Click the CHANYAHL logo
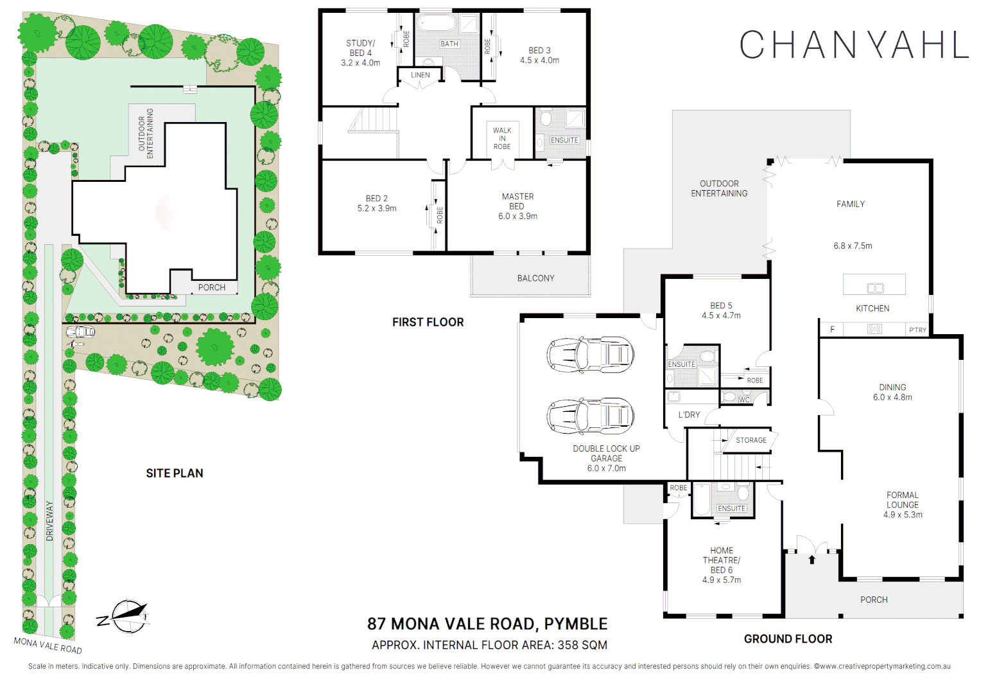(x=853, y=45)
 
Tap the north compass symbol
(x=126, y=618)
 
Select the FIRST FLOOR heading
(x=428, y=322)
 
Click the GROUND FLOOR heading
(x=788, y=639)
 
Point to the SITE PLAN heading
(x=174, y=473)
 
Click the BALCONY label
(x=535, y=278)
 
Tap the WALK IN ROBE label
(x=502, y=138)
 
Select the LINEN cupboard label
(x=421, y=75)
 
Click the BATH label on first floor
(x=449, y=44)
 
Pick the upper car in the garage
(x=590, y=354)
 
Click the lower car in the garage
(x=590, y=416)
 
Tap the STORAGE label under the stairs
(x=751, y=440)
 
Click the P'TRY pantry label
(x=917, y=330)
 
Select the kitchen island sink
(x=875, y=288)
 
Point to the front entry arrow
(x=812, y=559)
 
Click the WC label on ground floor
(x=744, y=400)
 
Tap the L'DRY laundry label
(x=689, y=415)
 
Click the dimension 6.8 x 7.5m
(x=853, y=245)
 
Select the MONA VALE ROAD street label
(x=48, y=645)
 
